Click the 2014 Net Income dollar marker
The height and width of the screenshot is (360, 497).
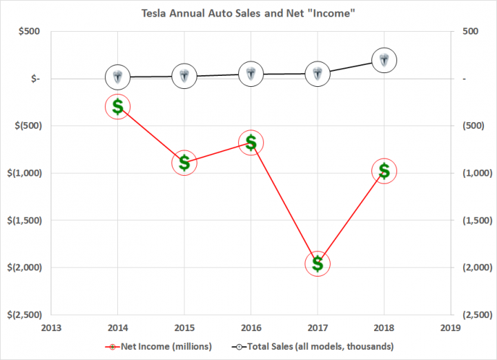pyautogui.click(x=117, y=106)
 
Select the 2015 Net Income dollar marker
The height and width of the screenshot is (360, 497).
pyautogui.click(x=184, y=162)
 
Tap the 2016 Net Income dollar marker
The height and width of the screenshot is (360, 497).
pyautogui.click(x=251, y=143)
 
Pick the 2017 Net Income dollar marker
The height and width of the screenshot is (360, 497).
pyautogui.click(x=318, y=263)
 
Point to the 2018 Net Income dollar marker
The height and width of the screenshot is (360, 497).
pyautogui.click(x=384, y=171)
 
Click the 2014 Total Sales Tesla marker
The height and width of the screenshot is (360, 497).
pyautogui.click(x=117, y=77)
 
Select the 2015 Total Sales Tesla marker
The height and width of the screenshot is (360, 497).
pyautogui.click(x=184, y=76)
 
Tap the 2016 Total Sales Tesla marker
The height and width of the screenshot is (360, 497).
pyautogui.click(x=251, y=73)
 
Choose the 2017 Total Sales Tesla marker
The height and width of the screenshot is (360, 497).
pyautogui.click(x=318, y=72)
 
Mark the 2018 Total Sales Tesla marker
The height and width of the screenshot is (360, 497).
pyautogui.click(x=384, y=60)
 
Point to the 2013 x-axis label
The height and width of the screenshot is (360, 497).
pyautogui.click(x=51, y=328)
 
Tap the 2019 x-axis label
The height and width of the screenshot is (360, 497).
pyautogui.click(x=451, y=328)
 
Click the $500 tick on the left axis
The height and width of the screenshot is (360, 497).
pyautogui.click(x=28, y=32)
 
